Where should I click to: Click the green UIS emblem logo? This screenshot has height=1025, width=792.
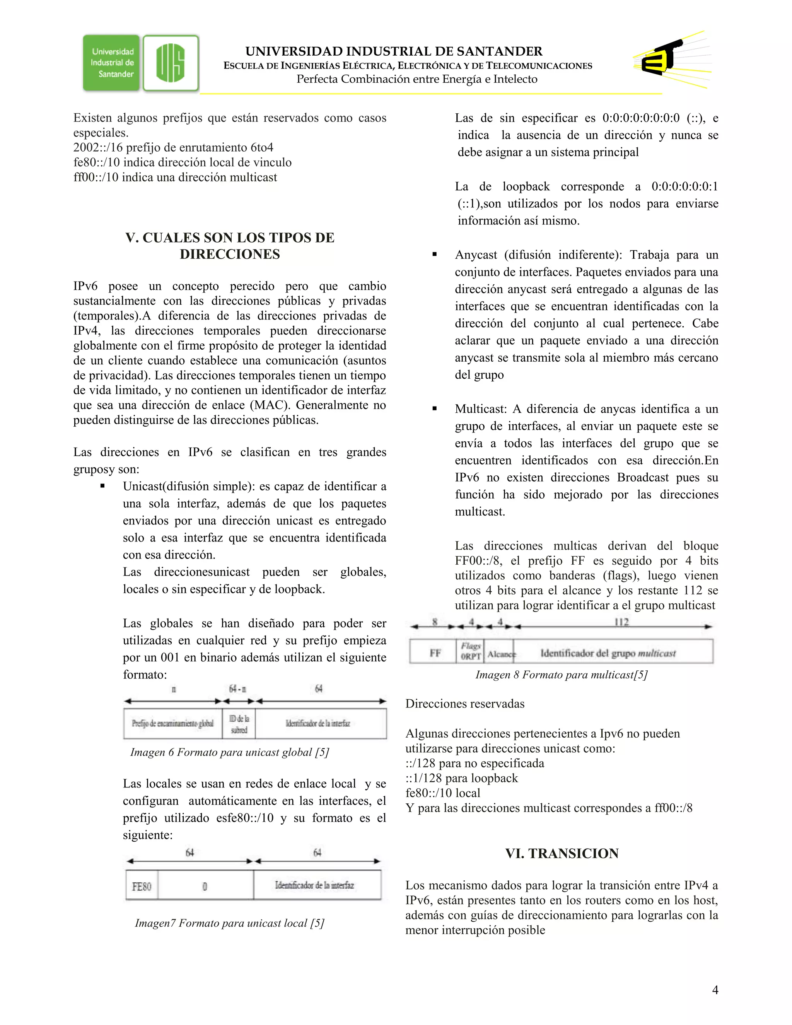(171, 63)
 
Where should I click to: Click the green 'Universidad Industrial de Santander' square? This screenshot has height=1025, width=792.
(112, 63)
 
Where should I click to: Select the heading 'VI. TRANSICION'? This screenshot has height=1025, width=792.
(562, 853)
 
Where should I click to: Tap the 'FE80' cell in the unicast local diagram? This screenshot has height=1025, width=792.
(142, 887)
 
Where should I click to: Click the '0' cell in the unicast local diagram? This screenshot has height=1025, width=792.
(205, 887)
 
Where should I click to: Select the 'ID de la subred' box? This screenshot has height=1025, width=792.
(239, 724)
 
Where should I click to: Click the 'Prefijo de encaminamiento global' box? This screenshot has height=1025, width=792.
(172, 724)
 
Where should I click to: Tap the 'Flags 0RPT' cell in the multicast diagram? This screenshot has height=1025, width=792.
(470, 651)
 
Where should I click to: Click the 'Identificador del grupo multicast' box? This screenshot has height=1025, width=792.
(608, 653)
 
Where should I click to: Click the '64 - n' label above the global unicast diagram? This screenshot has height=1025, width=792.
(237, 688)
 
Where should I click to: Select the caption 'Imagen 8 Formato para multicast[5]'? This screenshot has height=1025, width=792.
(561, 675)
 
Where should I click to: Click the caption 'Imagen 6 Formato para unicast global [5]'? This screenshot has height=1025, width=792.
(229, 752)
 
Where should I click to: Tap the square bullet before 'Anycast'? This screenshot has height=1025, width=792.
(434, 255)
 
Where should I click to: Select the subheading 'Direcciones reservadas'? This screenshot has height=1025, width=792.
(464, 704)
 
